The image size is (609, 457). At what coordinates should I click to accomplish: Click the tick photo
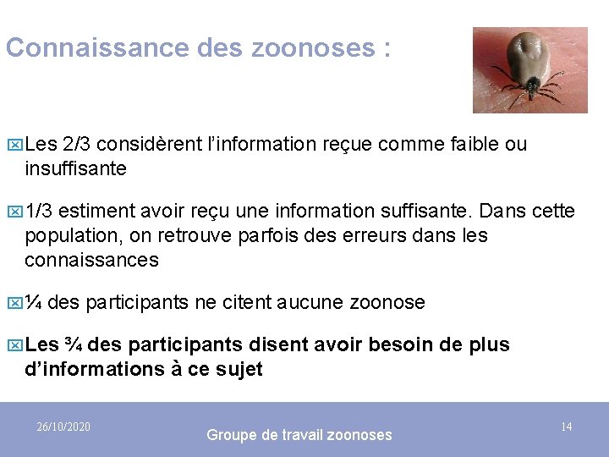tap(529, 70)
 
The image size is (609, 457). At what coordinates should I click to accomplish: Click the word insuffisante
tap(75, 168)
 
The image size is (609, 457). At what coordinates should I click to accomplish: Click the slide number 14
tap(566, 427)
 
